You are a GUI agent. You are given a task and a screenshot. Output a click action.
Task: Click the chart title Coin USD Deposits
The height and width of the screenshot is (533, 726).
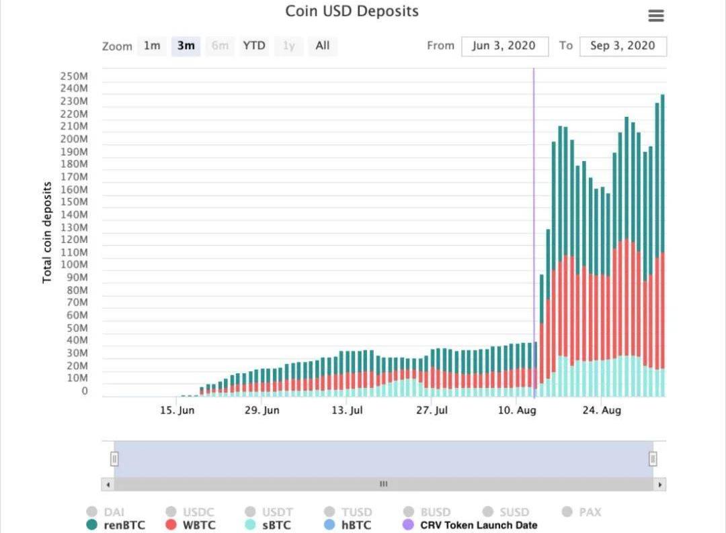click(x=352, y=11)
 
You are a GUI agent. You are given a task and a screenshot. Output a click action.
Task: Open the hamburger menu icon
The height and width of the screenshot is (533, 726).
click(x=655, y=16)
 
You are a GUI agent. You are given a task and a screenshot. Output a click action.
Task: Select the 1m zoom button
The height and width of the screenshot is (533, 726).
click(x=152, y=46)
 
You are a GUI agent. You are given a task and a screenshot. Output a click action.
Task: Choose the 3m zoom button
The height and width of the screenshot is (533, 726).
click(x=186, y=46)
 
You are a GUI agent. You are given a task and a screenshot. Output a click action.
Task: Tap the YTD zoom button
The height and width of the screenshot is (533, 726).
click(x=254, y=46)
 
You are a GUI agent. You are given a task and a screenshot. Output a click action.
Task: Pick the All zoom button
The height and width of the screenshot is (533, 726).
click(x=323, y=46)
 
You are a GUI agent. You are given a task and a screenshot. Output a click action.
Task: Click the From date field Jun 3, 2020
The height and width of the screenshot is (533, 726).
click(x=504, y=46)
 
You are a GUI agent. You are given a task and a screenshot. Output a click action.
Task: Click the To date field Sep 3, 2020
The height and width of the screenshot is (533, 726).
click(x=622, y=46)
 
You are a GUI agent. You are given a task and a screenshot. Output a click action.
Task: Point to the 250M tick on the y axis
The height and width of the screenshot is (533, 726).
click(x=74, y=76)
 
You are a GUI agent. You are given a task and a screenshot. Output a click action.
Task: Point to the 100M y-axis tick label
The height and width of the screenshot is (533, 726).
click(x=74, y=265)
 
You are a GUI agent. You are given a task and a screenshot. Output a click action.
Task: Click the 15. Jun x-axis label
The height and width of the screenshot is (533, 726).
click(x=177, y=410)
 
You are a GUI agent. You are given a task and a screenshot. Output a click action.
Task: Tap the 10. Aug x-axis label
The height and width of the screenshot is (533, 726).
click(x=517, y=410)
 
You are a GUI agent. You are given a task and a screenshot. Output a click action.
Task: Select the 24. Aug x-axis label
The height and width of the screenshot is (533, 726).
click(x=602, y=410)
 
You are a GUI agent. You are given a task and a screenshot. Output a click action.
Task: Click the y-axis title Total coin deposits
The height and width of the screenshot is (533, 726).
click(x=47, y=232)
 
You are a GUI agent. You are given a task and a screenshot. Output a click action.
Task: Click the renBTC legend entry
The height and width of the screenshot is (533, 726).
click(x=116, y=525)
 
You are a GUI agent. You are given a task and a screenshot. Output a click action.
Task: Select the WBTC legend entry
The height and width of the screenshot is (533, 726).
click(x=190, y=525)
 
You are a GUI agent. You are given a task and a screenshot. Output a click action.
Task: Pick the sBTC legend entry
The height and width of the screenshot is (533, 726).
click(x=268, y=525)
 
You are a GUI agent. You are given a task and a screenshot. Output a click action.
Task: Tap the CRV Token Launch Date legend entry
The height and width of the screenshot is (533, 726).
click(x=471, y=525)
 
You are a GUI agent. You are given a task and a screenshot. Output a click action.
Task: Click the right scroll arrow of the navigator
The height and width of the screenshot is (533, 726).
click(x=660, y=484)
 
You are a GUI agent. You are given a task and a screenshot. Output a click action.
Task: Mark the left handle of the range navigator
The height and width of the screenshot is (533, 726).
click(x=114, y=459)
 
